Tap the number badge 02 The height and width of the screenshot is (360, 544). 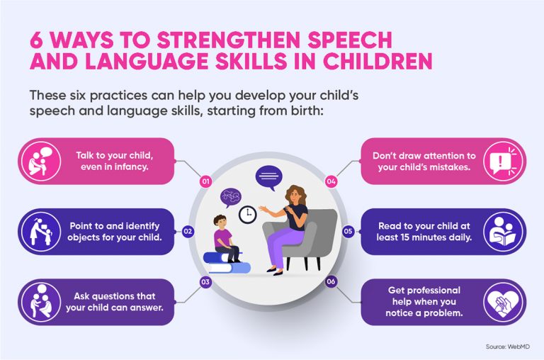point(188,231)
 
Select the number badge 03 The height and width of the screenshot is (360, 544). point(206,282)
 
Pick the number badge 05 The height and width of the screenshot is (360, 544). point(348,231)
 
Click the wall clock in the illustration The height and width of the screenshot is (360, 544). point(248,213)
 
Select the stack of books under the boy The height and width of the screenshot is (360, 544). point(227,262)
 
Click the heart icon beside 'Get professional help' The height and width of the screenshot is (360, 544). point(504,303)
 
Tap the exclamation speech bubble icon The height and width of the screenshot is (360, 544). point(504,162)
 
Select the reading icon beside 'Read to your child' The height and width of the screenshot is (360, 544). point(504,232)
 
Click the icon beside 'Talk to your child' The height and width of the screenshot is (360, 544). point(38,161)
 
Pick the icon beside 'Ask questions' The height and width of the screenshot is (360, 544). point(38,303)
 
